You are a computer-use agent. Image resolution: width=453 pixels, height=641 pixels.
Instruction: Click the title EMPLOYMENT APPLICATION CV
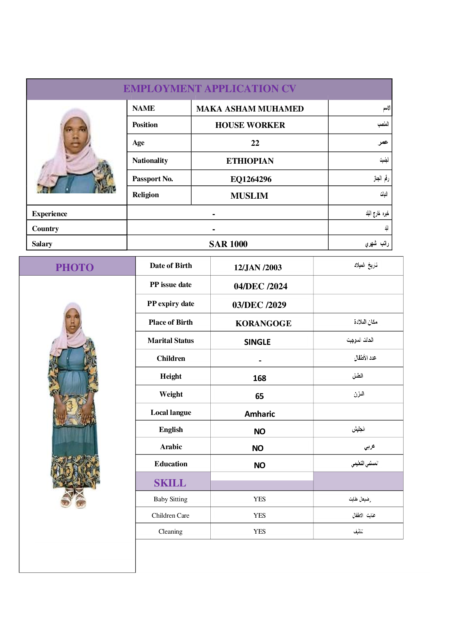209,89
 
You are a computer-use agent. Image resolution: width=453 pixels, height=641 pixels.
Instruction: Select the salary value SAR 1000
228,244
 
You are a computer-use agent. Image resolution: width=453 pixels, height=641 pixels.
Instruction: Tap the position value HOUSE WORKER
250,125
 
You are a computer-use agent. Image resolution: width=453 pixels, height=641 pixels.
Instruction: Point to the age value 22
255,143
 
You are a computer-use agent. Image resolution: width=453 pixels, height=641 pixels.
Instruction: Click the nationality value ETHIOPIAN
250,161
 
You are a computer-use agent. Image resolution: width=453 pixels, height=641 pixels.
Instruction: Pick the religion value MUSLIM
249,196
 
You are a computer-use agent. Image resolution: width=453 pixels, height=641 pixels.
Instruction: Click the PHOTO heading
75,267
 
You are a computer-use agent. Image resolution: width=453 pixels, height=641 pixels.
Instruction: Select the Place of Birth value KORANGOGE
263,324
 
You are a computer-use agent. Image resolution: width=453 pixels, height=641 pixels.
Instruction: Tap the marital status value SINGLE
257,342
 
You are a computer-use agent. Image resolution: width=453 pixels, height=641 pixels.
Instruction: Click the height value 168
259,378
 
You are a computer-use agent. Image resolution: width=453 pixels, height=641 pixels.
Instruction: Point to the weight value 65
259,396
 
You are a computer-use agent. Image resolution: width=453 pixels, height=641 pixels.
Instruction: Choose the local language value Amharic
259,414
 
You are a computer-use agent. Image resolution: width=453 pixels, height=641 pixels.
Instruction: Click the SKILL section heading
170,483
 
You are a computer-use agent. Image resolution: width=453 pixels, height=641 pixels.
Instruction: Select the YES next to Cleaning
259,531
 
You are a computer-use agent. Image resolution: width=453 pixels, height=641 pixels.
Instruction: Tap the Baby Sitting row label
170,499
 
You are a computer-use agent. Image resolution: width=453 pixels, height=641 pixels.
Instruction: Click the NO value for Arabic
257,448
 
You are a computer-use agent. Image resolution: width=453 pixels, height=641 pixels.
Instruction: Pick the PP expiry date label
170,304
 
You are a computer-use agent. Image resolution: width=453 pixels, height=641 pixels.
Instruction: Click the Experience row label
49,214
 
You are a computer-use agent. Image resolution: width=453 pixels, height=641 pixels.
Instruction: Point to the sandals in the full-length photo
73,499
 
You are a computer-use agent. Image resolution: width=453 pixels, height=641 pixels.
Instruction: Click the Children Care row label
170,515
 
